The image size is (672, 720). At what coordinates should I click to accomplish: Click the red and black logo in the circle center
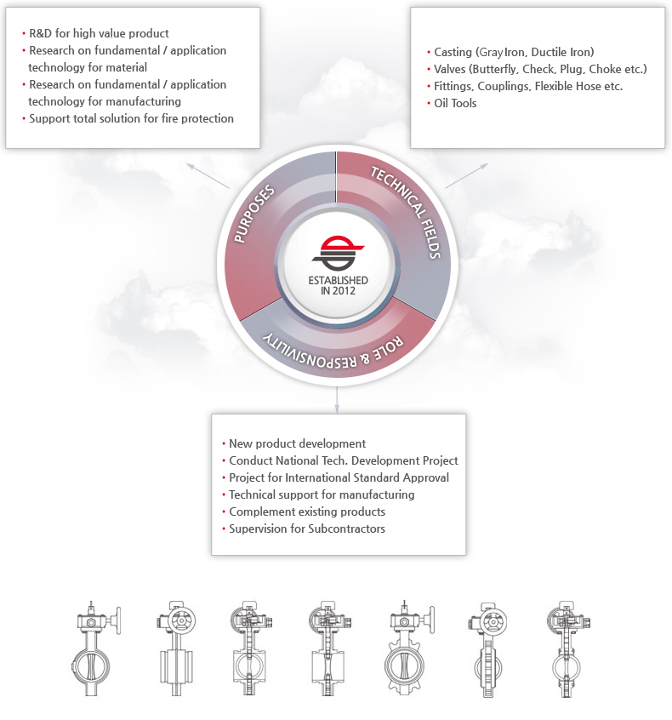(x=338, y=253)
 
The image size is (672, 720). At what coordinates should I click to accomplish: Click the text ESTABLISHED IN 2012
(x=338, y=285)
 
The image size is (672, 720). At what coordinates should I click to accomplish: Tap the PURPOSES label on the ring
(x=253, y=214)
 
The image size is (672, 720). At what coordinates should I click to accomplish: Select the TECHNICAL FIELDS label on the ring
(x=407, y=212)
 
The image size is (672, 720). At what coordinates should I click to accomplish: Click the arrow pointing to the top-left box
(x=208, y=175)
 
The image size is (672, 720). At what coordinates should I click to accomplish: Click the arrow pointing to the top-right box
(x=466, y=175)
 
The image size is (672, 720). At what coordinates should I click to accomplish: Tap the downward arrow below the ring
(x=337, y=399)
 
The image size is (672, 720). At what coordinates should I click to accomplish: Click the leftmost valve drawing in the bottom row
(x=96, y=648)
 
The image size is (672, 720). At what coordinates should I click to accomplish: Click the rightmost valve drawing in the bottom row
(x=568, y=649)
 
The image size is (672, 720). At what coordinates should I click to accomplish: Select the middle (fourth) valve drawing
(x=330, y=649)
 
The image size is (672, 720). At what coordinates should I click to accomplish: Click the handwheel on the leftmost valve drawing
(x=118, y=620)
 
